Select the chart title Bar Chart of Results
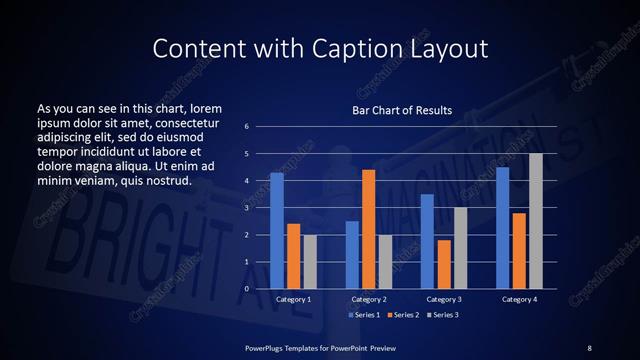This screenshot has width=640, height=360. coord(402,110)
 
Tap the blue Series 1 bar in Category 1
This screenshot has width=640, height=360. coord(277,231)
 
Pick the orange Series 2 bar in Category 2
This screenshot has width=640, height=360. coord(368,229)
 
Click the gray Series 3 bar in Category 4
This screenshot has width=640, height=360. coord(535,221)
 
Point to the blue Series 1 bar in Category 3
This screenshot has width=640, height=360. coord(427,241)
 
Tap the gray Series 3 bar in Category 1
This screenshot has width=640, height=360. coord(310,262)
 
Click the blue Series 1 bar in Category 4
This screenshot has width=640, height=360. coord(502,228)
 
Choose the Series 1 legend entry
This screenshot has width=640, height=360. coord(363,316)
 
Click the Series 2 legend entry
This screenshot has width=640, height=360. coord(403,316)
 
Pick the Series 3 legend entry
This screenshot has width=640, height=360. coord(443,316)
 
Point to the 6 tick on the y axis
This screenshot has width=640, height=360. coord(247,127)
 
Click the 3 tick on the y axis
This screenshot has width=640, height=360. coord(247,208)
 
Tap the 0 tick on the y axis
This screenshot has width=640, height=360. coord(247,289)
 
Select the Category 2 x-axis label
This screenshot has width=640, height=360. coord(368,300)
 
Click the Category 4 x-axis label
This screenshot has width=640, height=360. coord(518,300)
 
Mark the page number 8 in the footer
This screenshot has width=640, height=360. coord(589,347)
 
